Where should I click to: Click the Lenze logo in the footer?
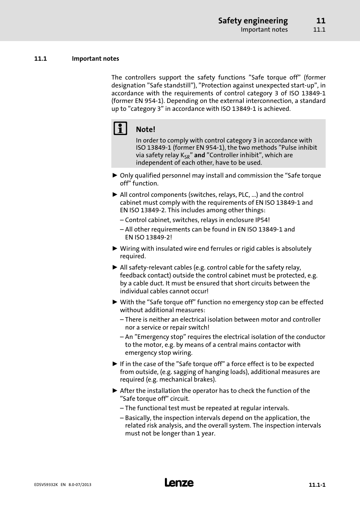179,483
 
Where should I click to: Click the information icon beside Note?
120,129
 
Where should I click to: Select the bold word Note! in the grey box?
145,129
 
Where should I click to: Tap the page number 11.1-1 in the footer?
317,485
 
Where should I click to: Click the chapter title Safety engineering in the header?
252,21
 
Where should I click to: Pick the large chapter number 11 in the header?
321,21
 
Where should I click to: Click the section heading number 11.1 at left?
40,59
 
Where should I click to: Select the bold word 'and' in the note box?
200,155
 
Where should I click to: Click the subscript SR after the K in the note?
187,157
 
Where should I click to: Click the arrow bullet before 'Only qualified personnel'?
115,175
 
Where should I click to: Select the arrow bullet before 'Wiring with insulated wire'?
115,248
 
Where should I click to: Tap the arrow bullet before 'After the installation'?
115,391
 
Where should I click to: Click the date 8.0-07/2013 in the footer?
80,485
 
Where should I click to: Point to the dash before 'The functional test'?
122,408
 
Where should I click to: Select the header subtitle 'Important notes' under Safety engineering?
264,30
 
